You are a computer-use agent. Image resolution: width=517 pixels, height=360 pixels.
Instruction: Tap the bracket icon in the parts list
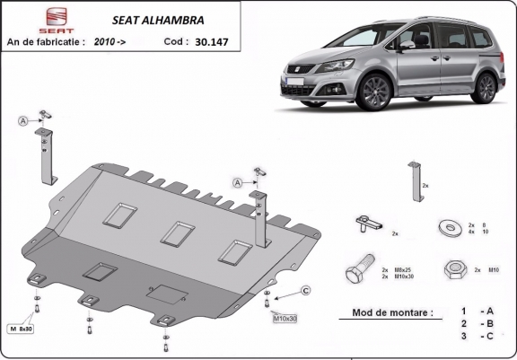[414, 182]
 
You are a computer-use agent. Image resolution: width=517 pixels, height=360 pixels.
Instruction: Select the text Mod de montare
[386, 312]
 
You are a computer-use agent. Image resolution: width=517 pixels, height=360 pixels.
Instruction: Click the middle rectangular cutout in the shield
[174, 232]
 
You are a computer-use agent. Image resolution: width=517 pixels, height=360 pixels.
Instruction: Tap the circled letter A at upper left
[21, 121]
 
